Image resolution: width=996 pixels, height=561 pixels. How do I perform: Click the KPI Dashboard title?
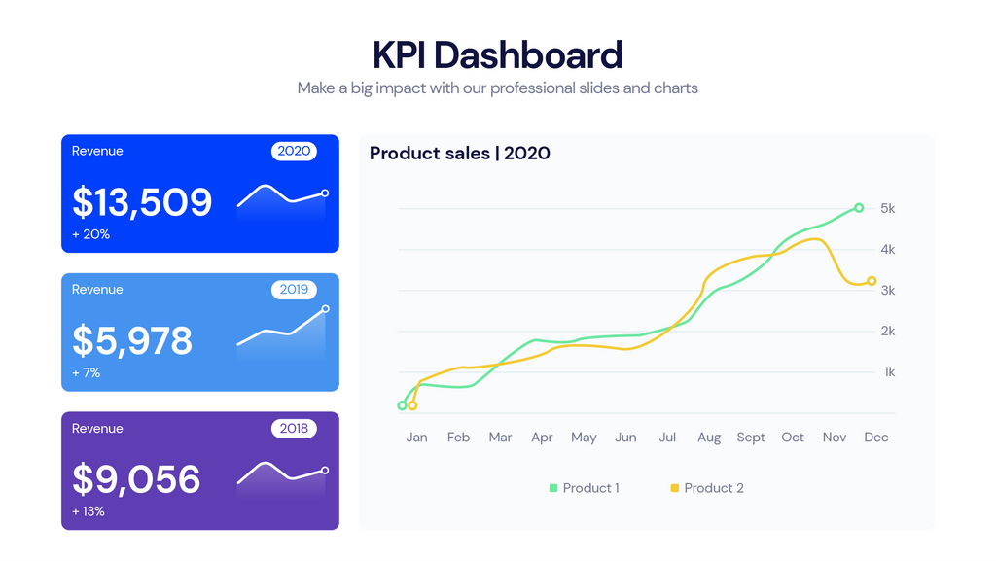[x=497, y=54]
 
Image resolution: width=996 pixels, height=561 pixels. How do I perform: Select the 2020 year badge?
[x=294, y=151]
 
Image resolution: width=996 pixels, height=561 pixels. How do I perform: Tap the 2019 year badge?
[x=294, y=290]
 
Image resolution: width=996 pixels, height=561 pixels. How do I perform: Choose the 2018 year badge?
[x=294, y=429]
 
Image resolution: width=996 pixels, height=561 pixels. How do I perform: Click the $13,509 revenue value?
[x=142, y=202]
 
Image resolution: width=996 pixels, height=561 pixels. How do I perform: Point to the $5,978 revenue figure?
[x=132, y=341]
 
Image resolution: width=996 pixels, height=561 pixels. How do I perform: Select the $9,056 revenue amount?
[x=136, y=479]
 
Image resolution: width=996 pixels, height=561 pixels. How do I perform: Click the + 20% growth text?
[x=90, y=234]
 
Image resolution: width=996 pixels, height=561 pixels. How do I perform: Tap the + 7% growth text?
[x=86, y=373]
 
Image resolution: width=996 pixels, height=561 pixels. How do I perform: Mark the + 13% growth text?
[x=89, y=511]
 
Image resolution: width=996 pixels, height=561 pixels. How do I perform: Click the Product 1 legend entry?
[x=584, y=488]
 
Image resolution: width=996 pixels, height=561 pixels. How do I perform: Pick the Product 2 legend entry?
[x=707, y=488]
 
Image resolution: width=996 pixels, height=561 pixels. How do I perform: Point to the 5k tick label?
[x=887, y=209]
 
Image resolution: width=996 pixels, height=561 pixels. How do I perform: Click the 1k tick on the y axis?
[x=888, y=372]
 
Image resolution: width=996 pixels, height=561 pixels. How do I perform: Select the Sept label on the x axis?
[x=751, y=438]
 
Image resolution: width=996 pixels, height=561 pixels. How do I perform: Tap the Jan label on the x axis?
[x=416, y=438]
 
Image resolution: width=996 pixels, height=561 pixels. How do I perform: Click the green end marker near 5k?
[x=859, y=208]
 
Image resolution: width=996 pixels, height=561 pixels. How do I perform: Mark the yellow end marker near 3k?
[x=871, y=281]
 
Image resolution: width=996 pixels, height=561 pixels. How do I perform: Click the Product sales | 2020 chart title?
[x=460, y=154]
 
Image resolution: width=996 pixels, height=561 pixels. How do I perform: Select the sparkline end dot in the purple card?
[x=325, y=471]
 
